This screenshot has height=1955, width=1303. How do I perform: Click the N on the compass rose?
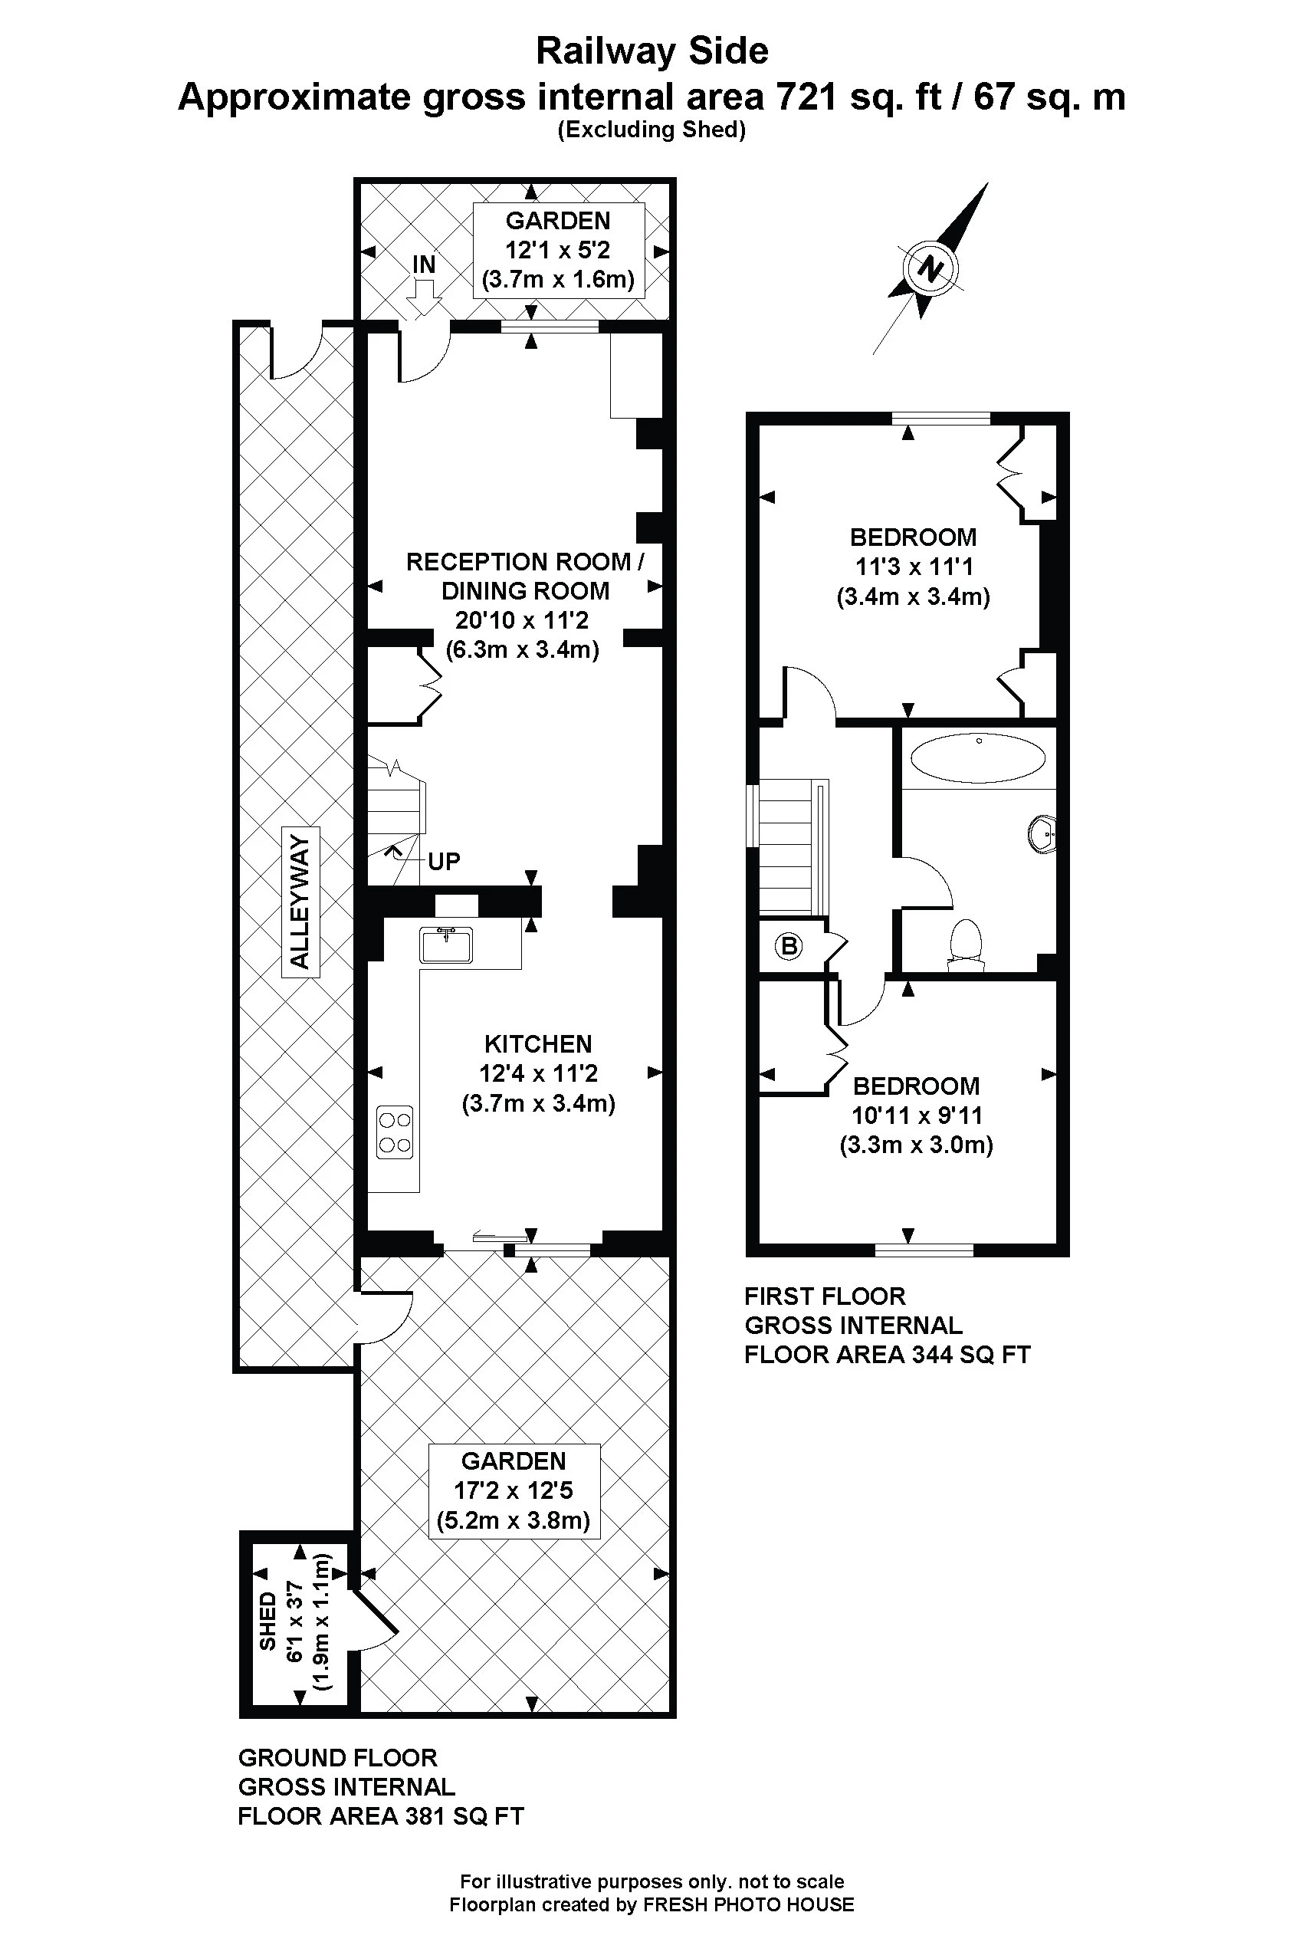click(931, 268)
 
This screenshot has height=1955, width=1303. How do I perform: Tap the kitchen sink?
click(446, 945)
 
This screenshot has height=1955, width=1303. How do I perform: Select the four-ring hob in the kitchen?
click(395, 1132)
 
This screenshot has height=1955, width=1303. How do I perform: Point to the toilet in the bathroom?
click(966, 945)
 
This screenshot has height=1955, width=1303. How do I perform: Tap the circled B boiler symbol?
click(789, 945)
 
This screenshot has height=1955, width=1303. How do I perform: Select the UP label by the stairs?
click(443, 861)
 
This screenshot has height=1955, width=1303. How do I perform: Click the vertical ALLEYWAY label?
click(300, 902)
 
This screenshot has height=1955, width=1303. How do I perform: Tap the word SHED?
click(267, 1621)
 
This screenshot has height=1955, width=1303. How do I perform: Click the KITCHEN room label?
click(537, 1044)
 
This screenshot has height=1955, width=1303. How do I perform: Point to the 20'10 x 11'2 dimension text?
click(522, 620)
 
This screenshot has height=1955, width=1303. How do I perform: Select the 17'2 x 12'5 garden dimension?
click(513, 1490)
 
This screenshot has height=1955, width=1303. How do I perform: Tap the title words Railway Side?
click(651, 51)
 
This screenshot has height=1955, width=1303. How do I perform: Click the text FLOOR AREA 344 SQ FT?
click(887, 1355)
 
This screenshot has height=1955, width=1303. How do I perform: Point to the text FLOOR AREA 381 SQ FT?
click(381, 1816)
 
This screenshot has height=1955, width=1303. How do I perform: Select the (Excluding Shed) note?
click(651, 130)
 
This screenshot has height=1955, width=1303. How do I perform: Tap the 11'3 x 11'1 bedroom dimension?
click(914, 567)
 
